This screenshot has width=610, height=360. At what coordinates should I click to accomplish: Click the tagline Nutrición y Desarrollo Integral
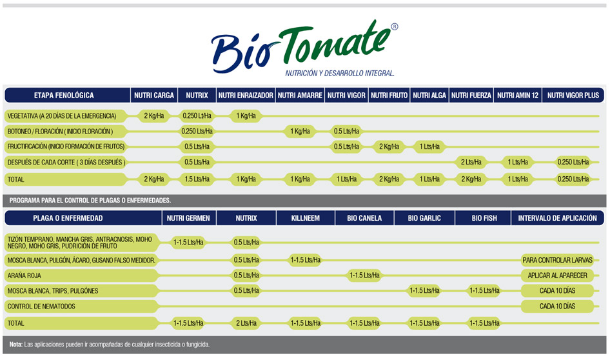tap(340, 73)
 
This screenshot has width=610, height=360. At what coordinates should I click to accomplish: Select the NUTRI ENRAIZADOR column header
tap(246, 95)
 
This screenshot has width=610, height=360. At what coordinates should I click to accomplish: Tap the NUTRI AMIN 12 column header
tap(518, 95)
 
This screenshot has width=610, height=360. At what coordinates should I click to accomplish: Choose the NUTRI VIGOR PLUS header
tap(573, 95)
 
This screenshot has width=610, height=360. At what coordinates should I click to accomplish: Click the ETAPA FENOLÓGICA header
tap(64, 95)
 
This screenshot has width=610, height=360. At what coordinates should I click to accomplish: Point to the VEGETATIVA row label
tap(62, 116)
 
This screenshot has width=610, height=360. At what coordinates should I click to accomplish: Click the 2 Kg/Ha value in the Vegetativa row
tap(154, 115)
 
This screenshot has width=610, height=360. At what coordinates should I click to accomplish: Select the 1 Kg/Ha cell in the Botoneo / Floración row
tap(300, 131)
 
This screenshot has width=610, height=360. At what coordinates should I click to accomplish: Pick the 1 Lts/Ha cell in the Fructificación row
tap(429, 146)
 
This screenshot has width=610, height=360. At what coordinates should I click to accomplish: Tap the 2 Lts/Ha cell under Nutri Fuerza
tap(471, 162)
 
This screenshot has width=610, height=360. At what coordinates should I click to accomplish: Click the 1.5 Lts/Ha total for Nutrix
tap(197, 179)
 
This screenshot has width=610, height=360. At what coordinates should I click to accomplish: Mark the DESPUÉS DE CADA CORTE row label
tap(66, 163)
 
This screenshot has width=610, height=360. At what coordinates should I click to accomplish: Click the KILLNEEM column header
tap(306, 218)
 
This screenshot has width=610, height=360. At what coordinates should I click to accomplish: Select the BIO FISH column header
tap(484, 218)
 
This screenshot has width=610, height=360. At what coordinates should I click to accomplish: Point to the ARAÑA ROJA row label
tap(24, 275)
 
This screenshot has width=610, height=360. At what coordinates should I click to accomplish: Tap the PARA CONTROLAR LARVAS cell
tap(558, 260)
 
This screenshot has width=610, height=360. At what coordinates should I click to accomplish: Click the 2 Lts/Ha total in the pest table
tap(246, 323)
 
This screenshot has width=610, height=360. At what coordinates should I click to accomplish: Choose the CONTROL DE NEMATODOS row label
tap(41, 306)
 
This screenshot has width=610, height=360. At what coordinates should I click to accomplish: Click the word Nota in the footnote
tap(16, 345)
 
